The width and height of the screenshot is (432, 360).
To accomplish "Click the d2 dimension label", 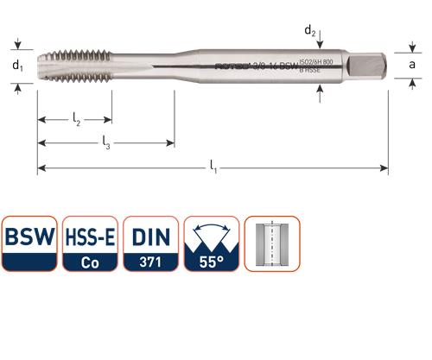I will point(310,31).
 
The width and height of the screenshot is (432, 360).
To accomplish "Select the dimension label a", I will point(414,64).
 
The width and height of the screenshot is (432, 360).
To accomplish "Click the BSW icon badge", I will point(29,244).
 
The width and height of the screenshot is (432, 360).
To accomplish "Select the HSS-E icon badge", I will point(89,244).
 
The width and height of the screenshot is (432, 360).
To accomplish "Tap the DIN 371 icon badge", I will point(149,244).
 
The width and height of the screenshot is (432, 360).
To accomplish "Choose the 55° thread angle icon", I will point(211,244).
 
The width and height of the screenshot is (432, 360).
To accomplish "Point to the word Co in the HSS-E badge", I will point(89,261).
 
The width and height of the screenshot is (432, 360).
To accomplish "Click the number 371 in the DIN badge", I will point(149,261).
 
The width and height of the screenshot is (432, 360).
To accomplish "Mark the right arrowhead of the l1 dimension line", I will point(388,167).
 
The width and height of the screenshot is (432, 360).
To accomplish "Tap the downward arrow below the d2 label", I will point(321,43).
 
